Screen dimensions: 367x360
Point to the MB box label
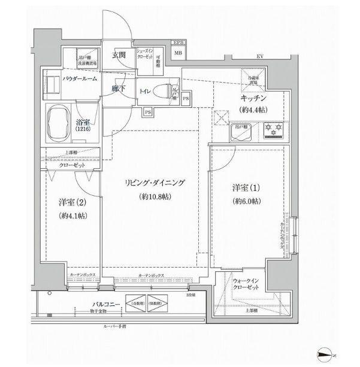click(178, 53)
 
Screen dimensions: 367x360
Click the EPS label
click(177, 43)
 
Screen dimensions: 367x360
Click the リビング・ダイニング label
click(155, 184)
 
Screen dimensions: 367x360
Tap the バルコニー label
click(96, 304)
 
